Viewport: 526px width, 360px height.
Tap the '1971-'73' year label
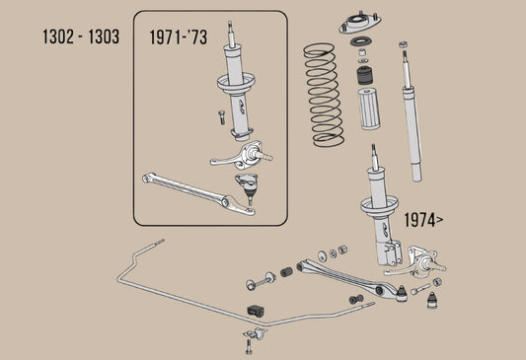pyautogui.click(x=181, y=38)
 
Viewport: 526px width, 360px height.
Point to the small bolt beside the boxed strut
pyautogui.click(x=219, y=116)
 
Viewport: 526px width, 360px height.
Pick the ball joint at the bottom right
pyautogui.click(x=431, y=300)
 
